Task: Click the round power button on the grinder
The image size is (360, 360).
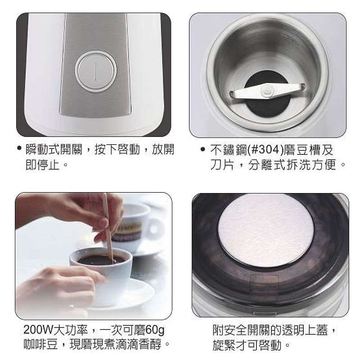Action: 96,72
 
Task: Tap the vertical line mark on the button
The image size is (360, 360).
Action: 95,72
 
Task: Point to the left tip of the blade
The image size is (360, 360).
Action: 230,94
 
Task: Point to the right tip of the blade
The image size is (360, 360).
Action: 304,86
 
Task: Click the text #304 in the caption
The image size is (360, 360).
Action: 265,150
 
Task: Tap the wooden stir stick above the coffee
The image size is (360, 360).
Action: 108,228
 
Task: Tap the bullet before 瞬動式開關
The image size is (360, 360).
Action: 19,148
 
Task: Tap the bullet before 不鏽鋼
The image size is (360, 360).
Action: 202,149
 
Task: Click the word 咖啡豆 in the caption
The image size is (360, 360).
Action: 40,345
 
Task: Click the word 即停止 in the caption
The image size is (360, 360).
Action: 43,164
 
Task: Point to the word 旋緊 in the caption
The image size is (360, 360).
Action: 224,345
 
